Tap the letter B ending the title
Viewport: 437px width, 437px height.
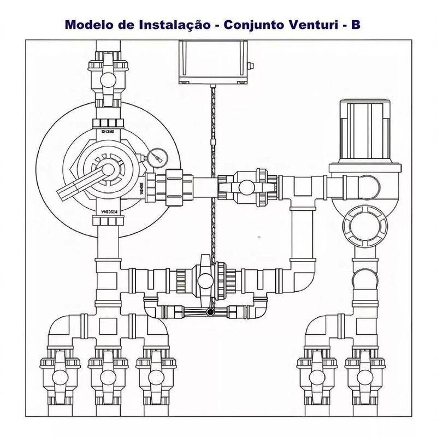[356, 25]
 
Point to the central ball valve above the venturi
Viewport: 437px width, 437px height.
[205, 280]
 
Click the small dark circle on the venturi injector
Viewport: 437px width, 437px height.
[209, 313]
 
